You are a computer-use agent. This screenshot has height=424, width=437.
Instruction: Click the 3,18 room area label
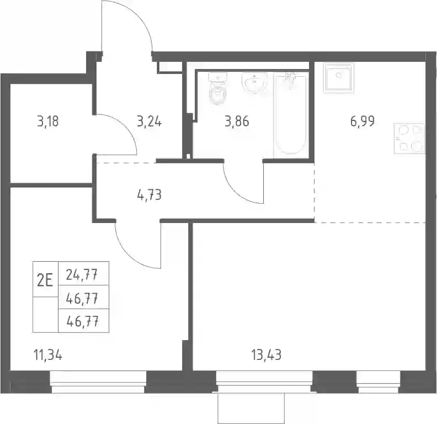pos(48,122)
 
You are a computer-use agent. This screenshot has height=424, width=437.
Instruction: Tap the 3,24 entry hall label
pos(149,122)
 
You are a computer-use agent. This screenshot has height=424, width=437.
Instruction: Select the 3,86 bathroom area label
pos(237,122)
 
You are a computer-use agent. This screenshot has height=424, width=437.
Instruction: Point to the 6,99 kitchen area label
pos(363,121)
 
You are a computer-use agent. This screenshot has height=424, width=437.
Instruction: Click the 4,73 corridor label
pos(150,195)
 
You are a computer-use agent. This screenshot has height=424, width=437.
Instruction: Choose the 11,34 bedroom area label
pos(47,356)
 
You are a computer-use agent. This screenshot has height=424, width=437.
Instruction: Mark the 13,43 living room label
pos(266,355)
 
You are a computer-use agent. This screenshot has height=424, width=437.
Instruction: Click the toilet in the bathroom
pos(218,89)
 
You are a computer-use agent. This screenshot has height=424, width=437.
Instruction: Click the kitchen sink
pos(339,78)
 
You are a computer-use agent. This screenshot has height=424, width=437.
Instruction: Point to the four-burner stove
pos(409,139)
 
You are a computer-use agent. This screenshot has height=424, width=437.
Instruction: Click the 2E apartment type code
pos(45,280)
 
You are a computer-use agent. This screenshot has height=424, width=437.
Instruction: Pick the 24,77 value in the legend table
pos(82,275)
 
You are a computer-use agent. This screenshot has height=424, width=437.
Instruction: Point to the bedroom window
pos(98,382)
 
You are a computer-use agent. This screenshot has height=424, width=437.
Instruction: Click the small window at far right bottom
pos(379,382)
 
